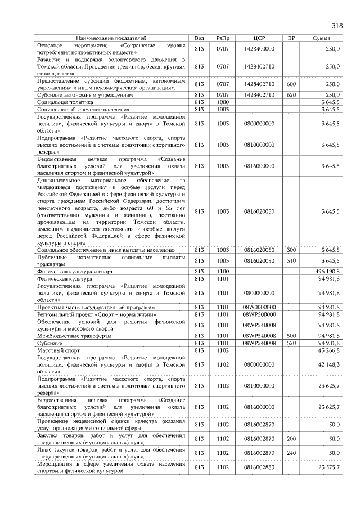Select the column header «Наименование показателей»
[x=111, y=38]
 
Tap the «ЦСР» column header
[x=259, y=38]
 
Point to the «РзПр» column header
[x=223, y=38]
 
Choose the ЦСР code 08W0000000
[x=259, y=307]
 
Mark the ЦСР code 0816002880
[x=259, y=467]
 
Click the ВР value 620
[x=291, y=95]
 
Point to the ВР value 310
[x=291, y=260]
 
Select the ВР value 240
[x=291, y=453]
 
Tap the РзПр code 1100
[x=223, y=271]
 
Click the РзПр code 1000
[x=223, y=102]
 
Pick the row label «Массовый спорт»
[x=59, y=350]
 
